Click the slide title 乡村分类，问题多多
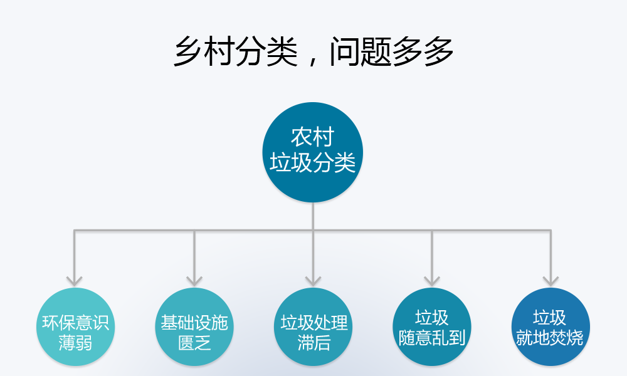(x=313, y=51)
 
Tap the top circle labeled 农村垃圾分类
(x=313, y=152)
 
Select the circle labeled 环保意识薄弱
(x=75, y=327)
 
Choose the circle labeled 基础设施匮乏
(x=194, y=327)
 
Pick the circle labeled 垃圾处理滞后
(x=313, y=327)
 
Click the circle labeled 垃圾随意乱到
(x=432, y=327)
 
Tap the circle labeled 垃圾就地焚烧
(x=551, y=327)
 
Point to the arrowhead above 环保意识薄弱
(x=75, y=281)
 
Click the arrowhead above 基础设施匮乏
(x=194, y=281)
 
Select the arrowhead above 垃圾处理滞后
(x=313, y=281)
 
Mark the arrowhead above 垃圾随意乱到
(x=432, y=281)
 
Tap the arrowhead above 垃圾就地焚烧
(x=551, y=281)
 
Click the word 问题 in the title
(x=361, y=51)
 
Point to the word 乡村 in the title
(x=204, y=51)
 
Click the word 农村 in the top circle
(x=313, y=137)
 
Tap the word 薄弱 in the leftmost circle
(x=75, y=343)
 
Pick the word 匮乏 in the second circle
(x=194, y=343)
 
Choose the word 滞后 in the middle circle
(x=313, y=343)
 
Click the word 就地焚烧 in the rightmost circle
(x=550, y=338)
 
